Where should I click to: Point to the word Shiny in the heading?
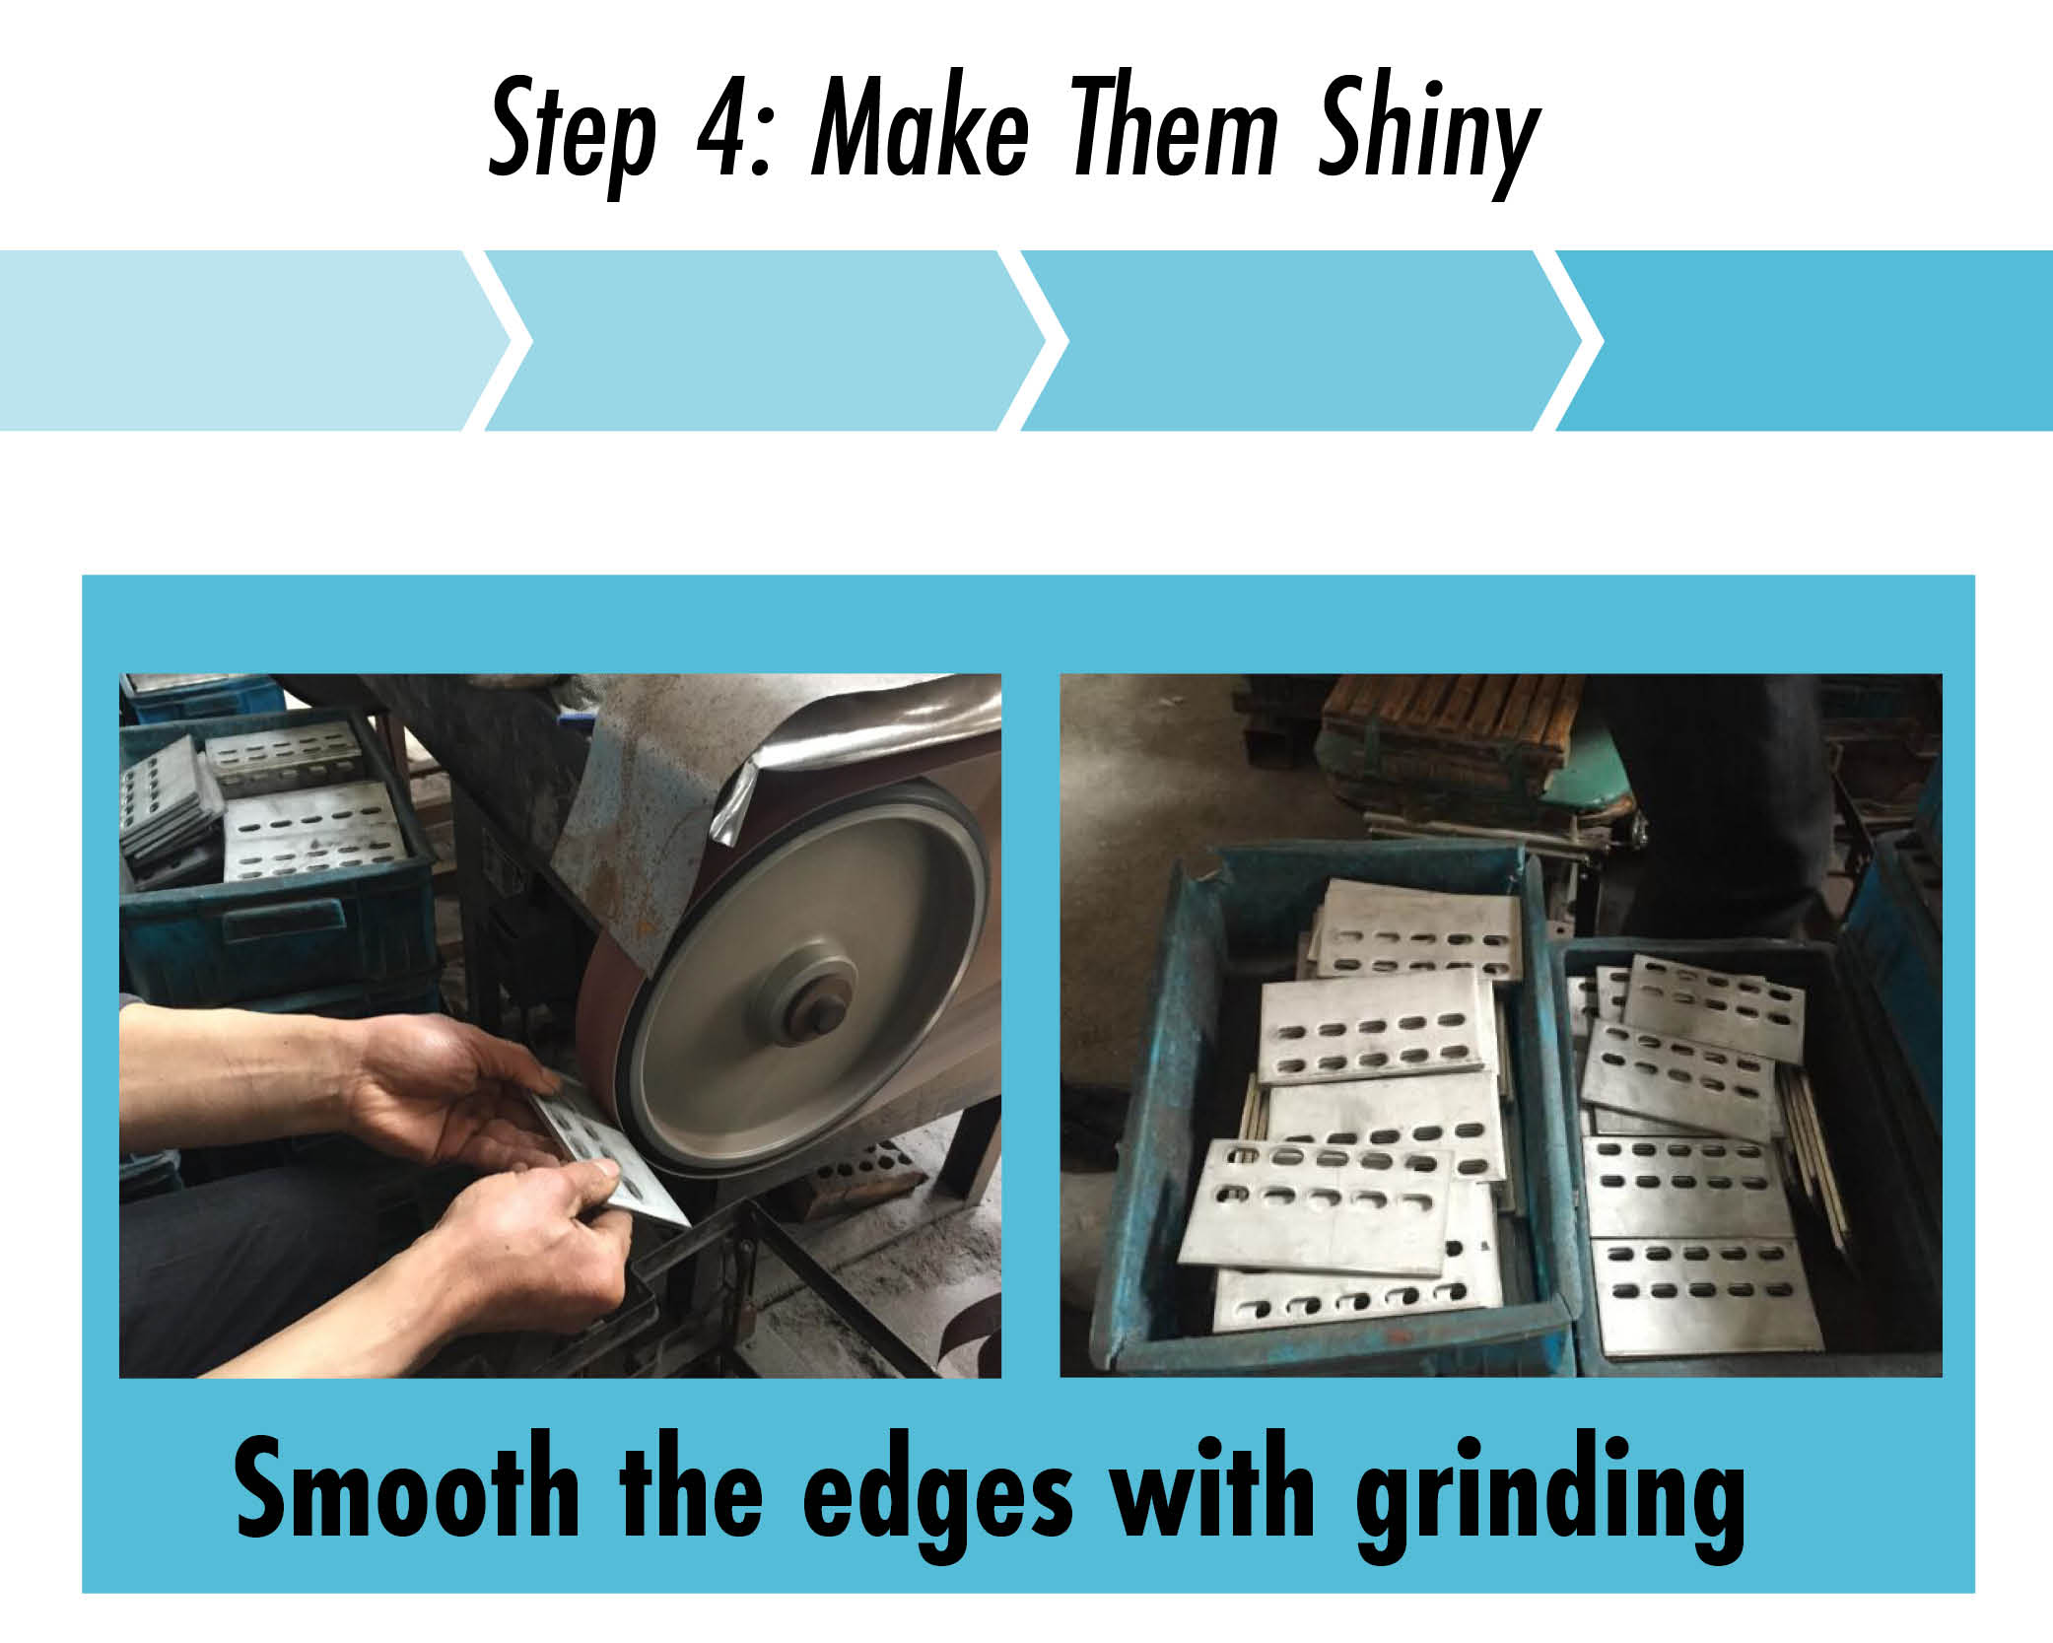point(1429,133)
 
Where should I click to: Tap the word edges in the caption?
point(937,1493)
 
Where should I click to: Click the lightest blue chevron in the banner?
point(237,340)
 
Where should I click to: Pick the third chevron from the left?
point(1291,340)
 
